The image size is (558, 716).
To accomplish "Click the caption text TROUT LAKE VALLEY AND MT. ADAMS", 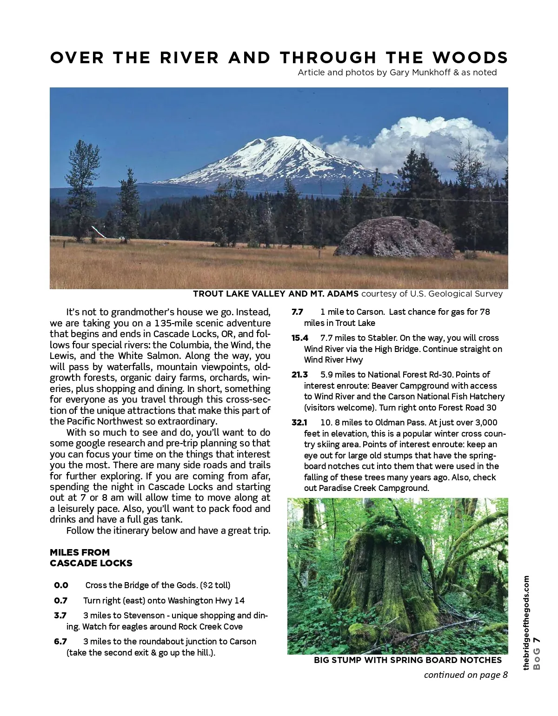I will pyautogui.click(x=276, y=294).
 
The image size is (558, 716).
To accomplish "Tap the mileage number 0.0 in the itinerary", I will pyautogui.click(x=61, y=585).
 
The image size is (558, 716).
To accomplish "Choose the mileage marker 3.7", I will pyautogui.click(x=60, y=616).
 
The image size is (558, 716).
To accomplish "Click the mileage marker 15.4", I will pyautogui.click(x=300, y=338).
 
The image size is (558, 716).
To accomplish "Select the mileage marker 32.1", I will pyautogui.click(x=300, y=423).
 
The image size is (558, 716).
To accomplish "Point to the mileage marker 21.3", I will pyautogui.click(x=300, y=375).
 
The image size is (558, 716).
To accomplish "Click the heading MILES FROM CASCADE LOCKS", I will pyautogui.click(x=91, y=558).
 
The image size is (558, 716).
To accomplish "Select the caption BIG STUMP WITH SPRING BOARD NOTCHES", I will pyautogui.click(x=408, y=660).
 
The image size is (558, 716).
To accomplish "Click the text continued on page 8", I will pyautogui.click(x=465, y=675).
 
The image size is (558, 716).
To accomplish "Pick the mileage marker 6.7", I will pyautogui.click(x=60, y=642).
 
